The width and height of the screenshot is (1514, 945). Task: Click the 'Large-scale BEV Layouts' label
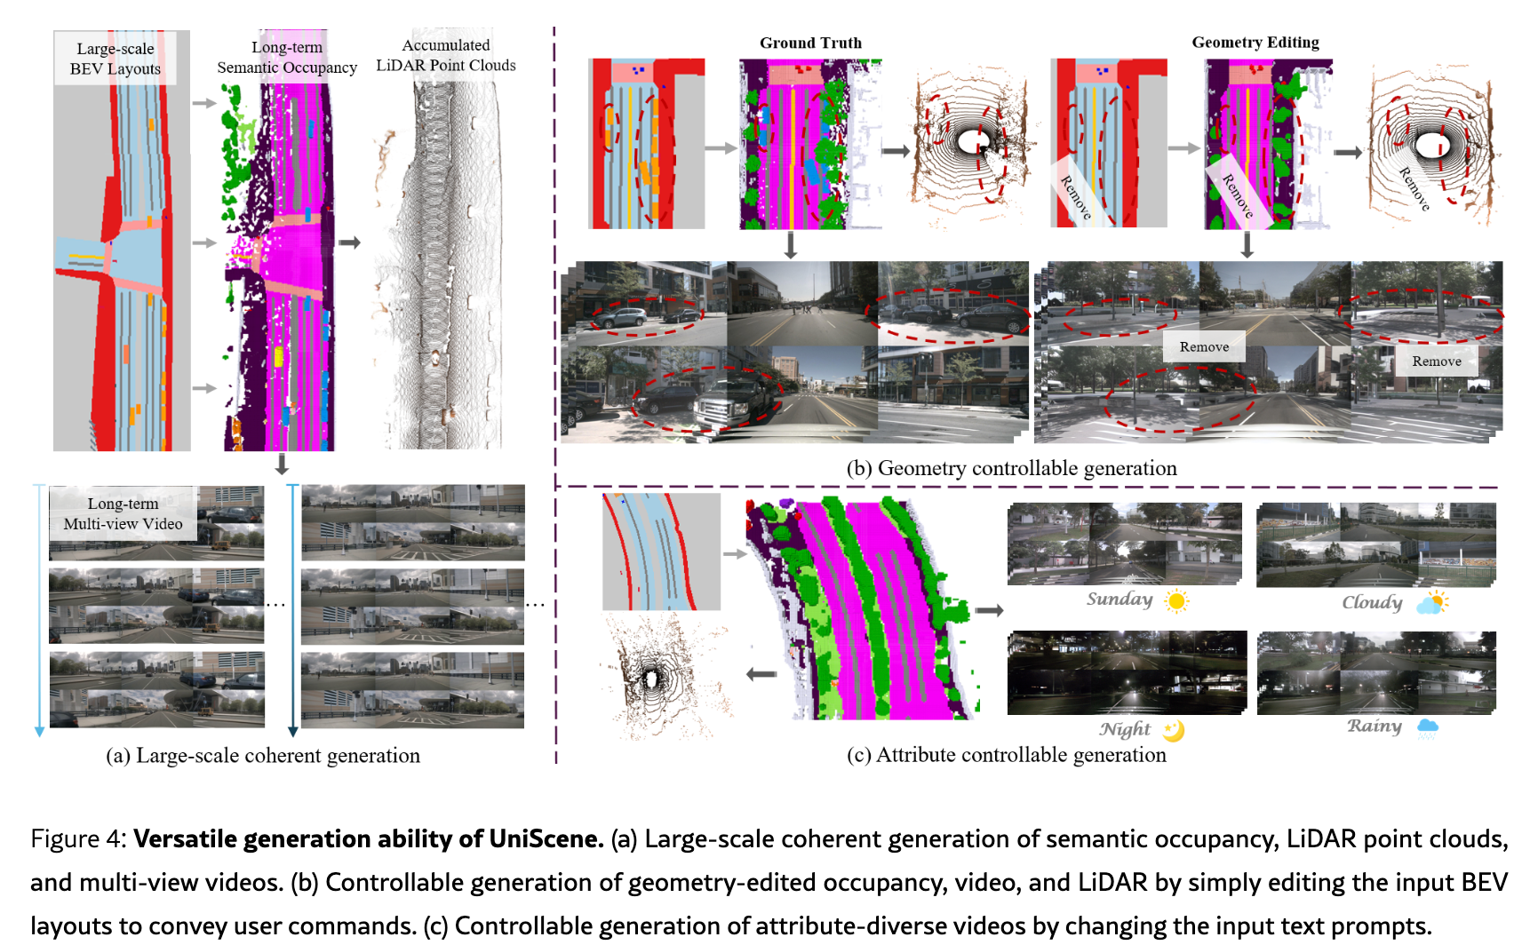[x=116, y=59]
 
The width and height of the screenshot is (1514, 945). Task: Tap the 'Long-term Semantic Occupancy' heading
[x=287, y=57]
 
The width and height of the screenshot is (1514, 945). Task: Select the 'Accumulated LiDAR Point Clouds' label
[x=445, y=55]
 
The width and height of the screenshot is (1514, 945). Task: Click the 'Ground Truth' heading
[x=810, y=43]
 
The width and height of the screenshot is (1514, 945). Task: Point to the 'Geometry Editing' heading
[x=1255, y=43]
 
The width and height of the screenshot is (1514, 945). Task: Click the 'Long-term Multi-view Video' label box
[x=123, y=513]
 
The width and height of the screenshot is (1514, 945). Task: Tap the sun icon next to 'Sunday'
[x=1176, y=601]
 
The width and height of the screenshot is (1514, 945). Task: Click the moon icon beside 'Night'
[x=1174, y=730]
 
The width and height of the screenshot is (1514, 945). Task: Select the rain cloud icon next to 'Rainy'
[x=1427, y=728]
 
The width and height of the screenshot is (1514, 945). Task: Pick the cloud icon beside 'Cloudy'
[x=1431, y=603]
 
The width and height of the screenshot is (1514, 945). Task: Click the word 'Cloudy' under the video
[x=1372, y=603]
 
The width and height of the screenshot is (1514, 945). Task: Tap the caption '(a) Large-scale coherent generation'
[x=263, y=756]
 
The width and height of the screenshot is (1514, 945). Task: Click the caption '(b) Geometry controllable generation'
[x=1011, y=468]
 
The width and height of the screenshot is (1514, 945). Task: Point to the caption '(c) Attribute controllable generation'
[x=1006, y=755]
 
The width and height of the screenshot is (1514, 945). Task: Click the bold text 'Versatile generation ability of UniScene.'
[x=369, y=839]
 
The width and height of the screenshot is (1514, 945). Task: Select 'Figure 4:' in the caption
[x=79, y=839]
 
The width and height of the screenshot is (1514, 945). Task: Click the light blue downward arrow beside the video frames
[x=39, y=613]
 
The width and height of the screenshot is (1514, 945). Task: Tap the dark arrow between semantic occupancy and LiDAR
[x=350, y=242]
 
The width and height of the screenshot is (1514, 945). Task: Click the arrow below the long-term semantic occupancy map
[x=282, y=465]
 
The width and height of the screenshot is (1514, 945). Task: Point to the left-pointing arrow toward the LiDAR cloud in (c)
[x=761, y=674]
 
